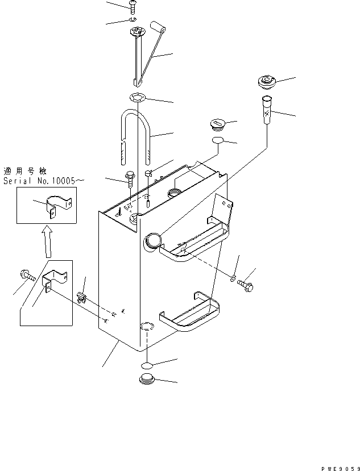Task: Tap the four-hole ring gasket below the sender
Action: pos(136,97)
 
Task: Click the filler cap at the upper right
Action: pos(267,82)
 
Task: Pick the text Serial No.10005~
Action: pos(43,181)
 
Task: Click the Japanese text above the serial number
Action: pos(27,170)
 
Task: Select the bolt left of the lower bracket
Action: pos(27,276)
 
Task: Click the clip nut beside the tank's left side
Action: pos(80,296)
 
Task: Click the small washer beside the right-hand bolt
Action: pos(233,278)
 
